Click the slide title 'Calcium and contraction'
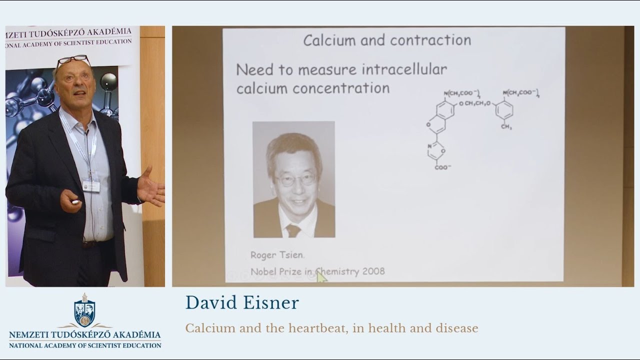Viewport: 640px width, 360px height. (x=387, y=40)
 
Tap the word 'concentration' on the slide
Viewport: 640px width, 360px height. (x=341, y=88)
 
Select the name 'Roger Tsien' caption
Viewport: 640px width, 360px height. (x=276, y=255)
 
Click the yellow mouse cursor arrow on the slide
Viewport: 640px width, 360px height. (x=320, y=276)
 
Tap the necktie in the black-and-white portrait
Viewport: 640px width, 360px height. (x=293, y=230)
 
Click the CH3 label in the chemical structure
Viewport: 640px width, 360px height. (x=506, y=127)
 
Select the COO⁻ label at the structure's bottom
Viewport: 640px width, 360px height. (x=442, y=167)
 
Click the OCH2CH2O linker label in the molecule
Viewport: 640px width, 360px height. (x=474, y=103)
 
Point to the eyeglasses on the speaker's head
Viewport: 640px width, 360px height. (x=73, y=60)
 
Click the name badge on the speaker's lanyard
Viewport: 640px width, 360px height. (x=90, y=186)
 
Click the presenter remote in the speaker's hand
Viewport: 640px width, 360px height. (x=75, y=202)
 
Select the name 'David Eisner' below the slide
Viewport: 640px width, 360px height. (x=242, y=303)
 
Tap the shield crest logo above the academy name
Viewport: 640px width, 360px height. (x=84, y=311)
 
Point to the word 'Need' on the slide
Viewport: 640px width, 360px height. (x=255, y=69)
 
